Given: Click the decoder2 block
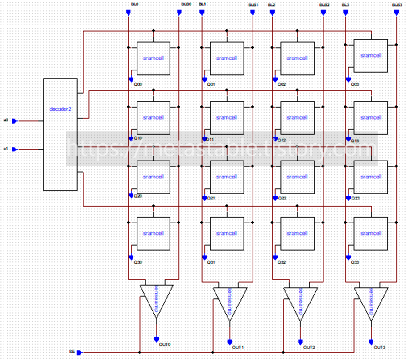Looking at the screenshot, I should click(60, 134).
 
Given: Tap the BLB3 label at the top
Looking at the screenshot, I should click(397, 4).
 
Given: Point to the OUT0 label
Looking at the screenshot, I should click(165, 344).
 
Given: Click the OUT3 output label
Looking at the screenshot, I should click(379, 347).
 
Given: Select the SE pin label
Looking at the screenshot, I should click(71, 352).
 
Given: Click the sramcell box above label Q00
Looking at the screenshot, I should click(153, 58).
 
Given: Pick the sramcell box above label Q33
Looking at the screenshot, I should click(370, 234).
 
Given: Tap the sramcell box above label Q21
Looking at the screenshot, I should click(227, 177).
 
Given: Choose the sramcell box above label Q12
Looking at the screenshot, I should click(297, 118).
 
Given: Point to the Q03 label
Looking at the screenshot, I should click(355, 84).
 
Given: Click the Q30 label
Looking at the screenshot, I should click(137, 262).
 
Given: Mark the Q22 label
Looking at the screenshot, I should click(282, 198).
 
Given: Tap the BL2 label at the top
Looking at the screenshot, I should click(271, 4).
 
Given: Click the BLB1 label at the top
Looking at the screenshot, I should click(253, 4).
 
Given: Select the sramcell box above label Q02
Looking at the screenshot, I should click(297, 58).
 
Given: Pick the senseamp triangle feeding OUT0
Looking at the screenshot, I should click(156, 298).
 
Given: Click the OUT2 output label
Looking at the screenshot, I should click(309, 347).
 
